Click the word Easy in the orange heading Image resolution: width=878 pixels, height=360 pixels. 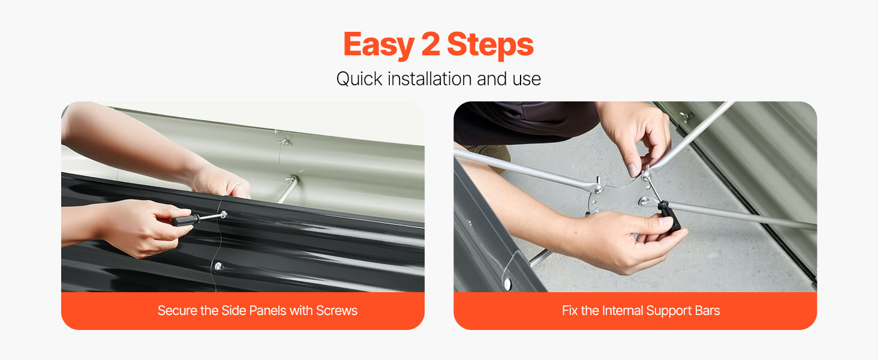point(378,46)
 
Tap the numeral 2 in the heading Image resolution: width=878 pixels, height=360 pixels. point(431,44)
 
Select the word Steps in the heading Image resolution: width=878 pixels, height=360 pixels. point(490,46)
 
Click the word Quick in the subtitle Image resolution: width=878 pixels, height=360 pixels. point(359,79)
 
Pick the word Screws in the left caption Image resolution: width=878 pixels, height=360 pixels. point(336,310)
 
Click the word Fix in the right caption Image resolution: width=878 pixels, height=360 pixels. point(570,310)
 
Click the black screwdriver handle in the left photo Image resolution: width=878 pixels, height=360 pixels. point(186,220)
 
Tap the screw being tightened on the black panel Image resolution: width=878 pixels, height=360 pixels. point(224,215)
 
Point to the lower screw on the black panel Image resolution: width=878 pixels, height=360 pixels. point(218,266)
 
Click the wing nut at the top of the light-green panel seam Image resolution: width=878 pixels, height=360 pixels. point(284,141)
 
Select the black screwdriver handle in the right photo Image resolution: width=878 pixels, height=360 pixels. point(671,217)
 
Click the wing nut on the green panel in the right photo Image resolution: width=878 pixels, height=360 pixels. point(685,116)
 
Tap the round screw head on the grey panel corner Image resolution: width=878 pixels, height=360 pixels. point(507,283)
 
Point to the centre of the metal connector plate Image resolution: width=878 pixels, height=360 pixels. point(620,197)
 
